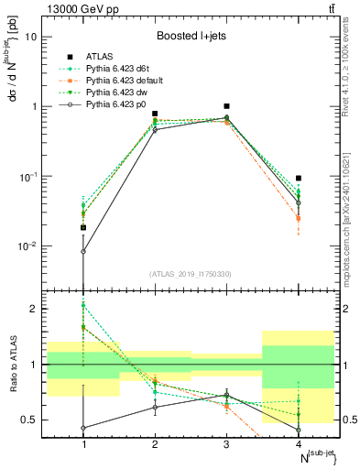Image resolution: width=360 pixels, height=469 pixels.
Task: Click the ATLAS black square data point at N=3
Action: pyautogui.click(x=226, y=106)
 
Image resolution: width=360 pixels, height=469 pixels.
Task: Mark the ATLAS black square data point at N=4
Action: pyautogui.click(x=299, y=178)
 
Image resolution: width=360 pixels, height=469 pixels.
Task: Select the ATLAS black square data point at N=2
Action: pyautogui.click(x=155, y=114)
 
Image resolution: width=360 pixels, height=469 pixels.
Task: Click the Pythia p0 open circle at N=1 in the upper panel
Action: pyautogui.click(x=83, y=251)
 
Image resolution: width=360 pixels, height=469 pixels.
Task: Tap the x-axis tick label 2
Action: pyautogui.click(x=155, y=444)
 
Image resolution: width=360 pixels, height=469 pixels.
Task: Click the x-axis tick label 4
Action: pyautogui.click(x=299, y=444)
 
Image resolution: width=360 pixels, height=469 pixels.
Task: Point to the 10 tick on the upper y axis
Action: pyautogui.click(x=31, y=37)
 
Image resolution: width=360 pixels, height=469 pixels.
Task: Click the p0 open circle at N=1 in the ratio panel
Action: pyautogui.click(x=83, y=428)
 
